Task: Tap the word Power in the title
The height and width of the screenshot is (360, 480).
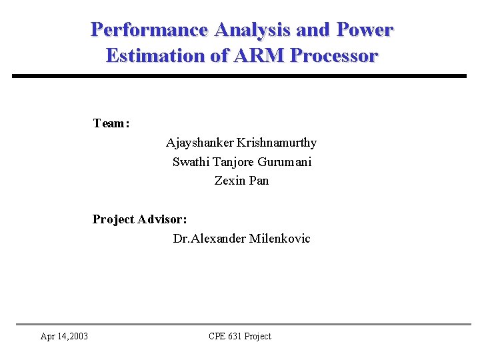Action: [x=365, y=30]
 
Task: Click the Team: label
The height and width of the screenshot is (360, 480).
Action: [x=111, y=123]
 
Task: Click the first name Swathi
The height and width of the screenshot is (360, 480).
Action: [x=191, y=162]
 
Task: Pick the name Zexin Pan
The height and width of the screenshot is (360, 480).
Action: [x=241, y=181]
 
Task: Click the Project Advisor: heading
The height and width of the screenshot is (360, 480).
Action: [x=139, y=219]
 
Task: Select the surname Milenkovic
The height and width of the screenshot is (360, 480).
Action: [x=279, y=239]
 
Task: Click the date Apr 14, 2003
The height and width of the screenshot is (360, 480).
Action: [x=65, y=336]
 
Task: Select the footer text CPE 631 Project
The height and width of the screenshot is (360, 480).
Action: [x=240, y=336]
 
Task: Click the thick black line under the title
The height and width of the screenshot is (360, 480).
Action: [x=240, y=76]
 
